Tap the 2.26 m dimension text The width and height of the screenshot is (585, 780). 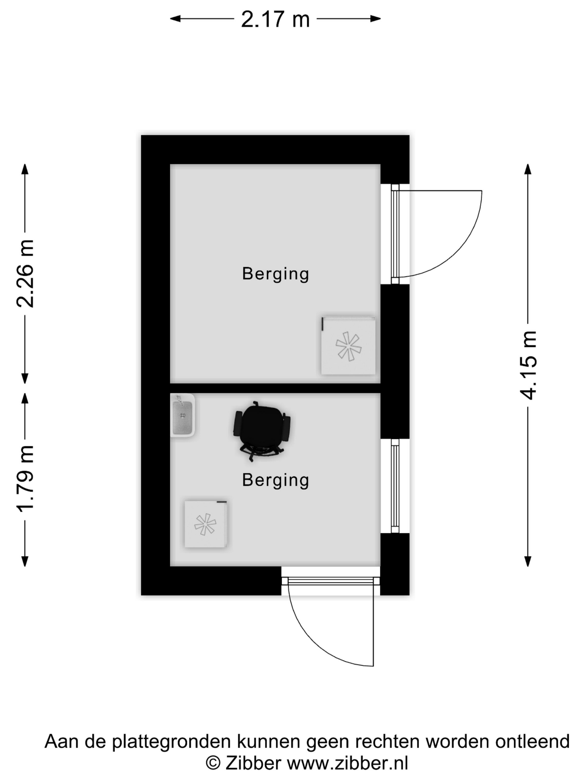click(25, 274)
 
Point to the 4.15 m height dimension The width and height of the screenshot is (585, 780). click(528, 365)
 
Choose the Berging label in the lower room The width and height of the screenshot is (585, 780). click(276, 480)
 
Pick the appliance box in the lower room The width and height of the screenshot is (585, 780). click(206, 524)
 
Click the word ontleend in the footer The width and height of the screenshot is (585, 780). click(532, 741)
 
